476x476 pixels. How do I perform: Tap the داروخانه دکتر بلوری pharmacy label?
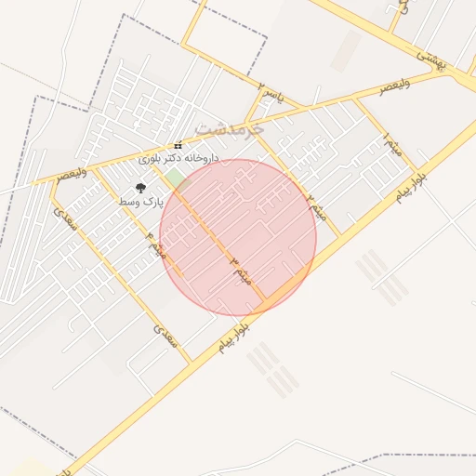(x=178, y=159)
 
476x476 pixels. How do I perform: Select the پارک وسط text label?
(x=141, y=201)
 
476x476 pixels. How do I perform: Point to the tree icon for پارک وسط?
(x=141, y=188)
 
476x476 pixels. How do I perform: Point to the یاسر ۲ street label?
(x=271, y=94)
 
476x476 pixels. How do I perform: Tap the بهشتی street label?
(x=430, y=61)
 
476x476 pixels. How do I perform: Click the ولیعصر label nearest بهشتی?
(x=393, y=88)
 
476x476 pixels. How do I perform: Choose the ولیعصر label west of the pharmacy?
(x=73, y=173)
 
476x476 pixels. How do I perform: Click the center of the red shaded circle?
(x=238, y=237)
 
